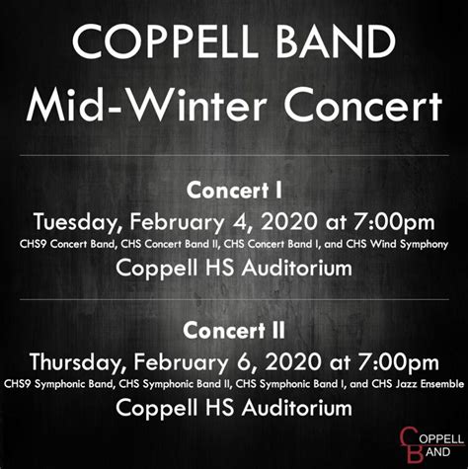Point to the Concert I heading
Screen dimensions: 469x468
(234, 188)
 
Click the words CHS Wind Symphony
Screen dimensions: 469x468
(403, 242)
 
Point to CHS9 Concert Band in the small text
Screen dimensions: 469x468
(58, 242)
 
